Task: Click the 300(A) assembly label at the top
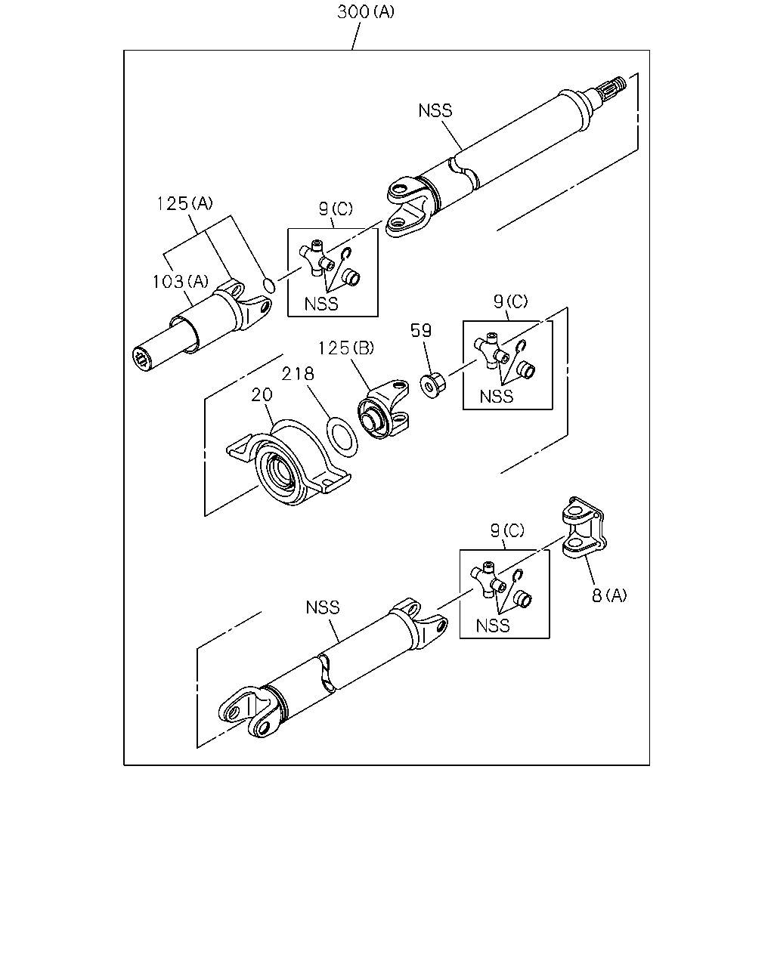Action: (x=366, y=11)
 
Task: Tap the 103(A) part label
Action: (x=181, y=282)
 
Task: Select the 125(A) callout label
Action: (x=184, y=203)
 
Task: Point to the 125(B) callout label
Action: (x=346, y=348)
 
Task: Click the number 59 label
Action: (x=421, y=330)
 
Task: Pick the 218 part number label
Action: (x=298, y=373)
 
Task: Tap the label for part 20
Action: (x=262, y=394)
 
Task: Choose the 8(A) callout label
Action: (x=609, y=595)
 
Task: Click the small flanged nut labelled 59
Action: (x=432, y=385)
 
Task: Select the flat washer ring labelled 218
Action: (x=342, y=437)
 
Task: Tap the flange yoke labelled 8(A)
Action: (x=584, y=527)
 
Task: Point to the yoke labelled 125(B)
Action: (x=383, y=409)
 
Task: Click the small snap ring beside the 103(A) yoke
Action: (x=269, y=285)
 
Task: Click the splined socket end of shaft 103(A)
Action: (x=143, y=360)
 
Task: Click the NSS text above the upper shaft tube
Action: (x=435, y=110)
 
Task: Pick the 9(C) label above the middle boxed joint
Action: (x=510, y=301)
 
